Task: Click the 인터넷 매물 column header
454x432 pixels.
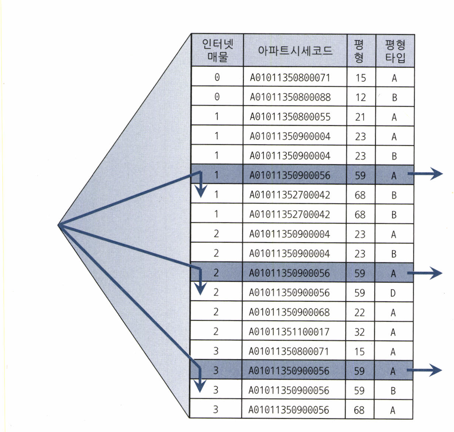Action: [x=217, y=50]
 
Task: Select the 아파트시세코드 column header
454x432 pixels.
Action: [x=295, y=50]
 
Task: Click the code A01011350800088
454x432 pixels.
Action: [x=290, y=97]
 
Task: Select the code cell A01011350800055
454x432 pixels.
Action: [x=290, y=117]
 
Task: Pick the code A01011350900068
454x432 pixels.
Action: [x=289, y=312]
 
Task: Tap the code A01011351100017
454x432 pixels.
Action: [x=289, y=332]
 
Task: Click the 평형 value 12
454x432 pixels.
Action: [x=361, y=98]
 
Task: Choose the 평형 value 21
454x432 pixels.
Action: [x=360, y=117]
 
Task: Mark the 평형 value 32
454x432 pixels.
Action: [x=359, y=332]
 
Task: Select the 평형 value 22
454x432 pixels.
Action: [x=359, y=313]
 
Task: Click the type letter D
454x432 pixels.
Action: [x=393, y=293]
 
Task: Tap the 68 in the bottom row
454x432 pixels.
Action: [x=359, y=410]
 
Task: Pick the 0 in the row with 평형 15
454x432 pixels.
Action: [x=217, y=77]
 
